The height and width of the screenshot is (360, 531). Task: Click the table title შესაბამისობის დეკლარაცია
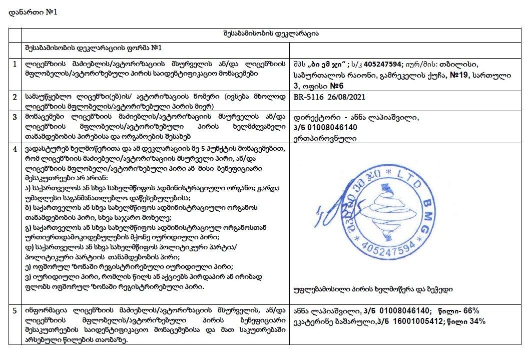pyautogui.click(x=272, y=34)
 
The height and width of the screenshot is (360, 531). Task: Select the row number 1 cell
pyautogui.click(x=16, y=65)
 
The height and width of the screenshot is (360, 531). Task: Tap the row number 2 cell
pyautogui.click(x=16, y=95)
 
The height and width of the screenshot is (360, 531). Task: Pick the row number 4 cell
pyautogui.click(x=16, y=149)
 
